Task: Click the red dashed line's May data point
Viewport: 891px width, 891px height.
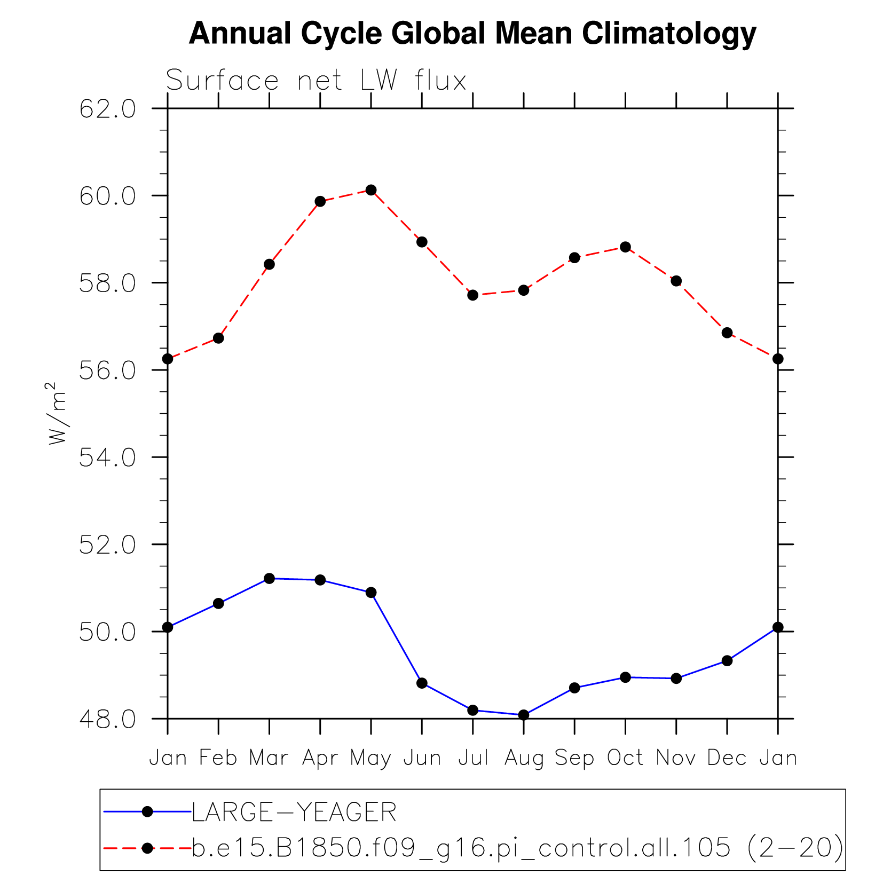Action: pos(371,190)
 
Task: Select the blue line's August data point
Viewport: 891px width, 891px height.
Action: pos(524,715)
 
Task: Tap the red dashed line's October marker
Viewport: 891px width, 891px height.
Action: pos(625,247)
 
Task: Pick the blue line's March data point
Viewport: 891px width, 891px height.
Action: pos(269,579)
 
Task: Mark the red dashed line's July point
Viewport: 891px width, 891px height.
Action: pos(472,295)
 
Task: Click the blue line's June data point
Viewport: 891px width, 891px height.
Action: pos(422,683)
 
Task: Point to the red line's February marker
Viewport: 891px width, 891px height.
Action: pos(218,338)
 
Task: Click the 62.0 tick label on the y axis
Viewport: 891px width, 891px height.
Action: pos(107,109)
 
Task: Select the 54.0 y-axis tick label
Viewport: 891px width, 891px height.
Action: pos(107,458)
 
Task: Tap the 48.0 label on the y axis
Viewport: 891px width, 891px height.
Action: pos(107,720)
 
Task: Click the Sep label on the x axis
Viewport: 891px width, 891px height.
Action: pos(574,758)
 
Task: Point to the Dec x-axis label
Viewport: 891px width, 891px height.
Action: pos(727,758)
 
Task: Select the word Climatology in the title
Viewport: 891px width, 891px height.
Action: pos(669,34)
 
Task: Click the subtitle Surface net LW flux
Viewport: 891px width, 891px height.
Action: pos(316,81)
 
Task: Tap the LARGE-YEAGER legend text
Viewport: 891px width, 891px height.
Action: pos(294,813)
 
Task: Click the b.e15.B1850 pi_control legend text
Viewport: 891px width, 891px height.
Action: pos(517,848)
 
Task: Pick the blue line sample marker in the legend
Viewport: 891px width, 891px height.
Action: pos(147,812)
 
